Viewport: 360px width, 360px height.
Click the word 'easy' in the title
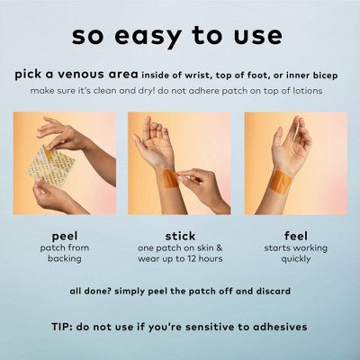(148, 37)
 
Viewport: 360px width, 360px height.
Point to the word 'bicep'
(326, 76)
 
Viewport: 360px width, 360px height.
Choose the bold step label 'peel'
(65, 237)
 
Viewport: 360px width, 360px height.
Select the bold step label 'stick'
(180, 236)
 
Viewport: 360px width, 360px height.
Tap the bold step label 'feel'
(296, 236)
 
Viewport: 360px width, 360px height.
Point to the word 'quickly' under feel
(296, 259)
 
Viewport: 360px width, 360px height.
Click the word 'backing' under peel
(65, 259)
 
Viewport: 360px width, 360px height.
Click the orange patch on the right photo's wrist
(280, 180)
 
